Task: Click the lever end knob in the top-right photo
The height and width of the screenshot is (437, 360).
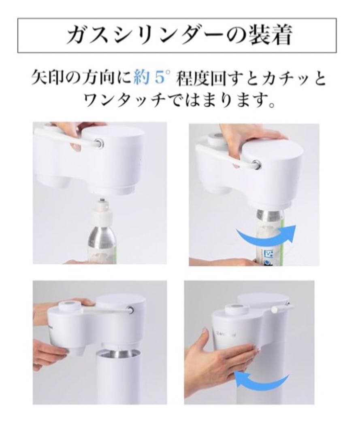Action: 256,164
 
